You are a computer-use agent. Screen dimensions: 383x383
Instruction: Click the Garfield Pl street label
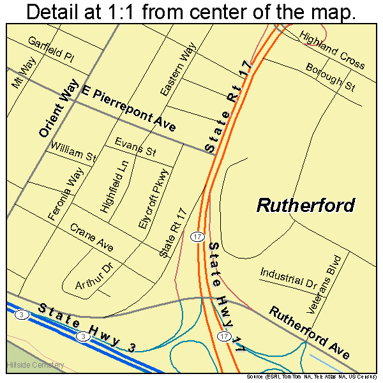(50, 49)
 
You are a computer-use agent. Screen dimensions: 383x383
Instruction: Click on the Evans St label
(135, 147)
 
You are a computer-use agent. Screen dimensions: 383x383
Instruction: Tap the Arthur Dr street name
(93, 276)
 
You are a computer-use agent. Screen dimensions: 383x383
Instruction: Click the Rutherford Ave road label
(310, 332)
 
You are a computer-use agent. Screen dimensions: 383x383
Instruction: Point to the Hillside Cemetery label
(35, 364)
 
